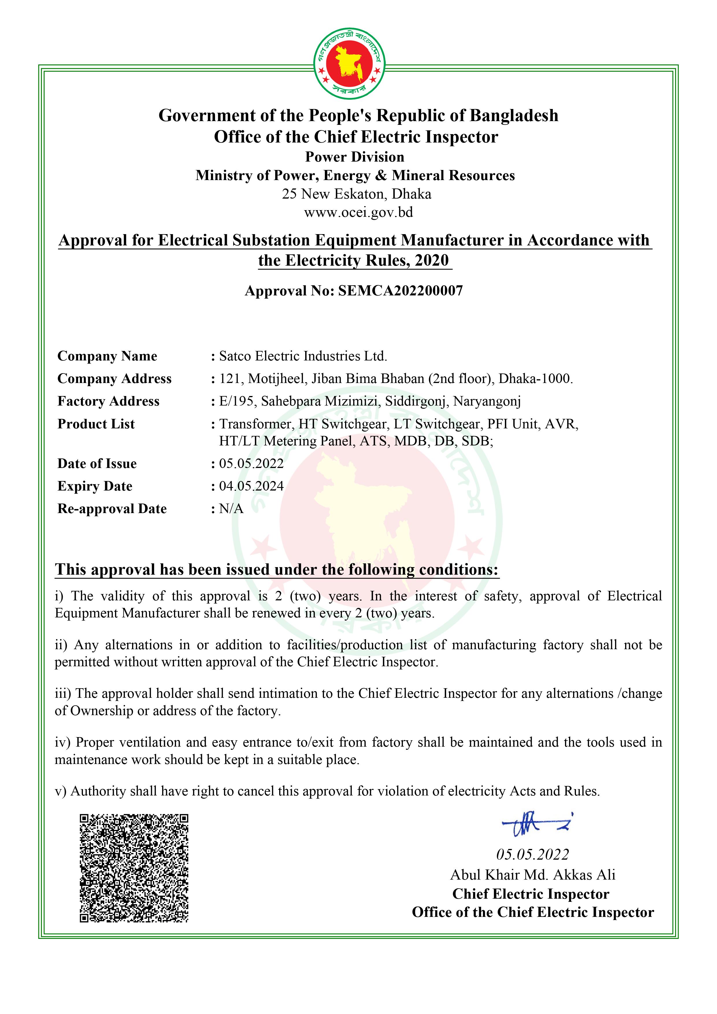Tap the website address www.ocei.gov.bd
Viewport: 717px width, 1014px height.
[358, 212]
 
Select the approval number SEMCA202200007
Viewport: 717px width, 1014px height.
[401, 290]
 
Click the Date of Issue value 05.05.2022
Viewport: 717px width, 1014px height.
[251, 463]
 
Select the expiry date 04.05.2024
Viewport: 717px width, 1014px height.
[251, 486]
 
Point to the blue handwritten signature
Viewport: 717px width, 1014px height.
[536, 823]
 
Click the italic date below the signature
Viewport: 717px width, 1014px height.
[532, 854]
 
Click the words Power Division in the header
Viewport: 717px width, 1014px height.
[355, 157]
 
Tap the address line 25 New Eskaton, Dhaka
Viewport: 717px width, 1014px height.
[357, 194]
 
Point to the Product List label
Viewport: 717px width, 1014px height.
[96, 424]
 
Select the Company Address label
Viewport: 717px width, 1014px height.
[114, 378]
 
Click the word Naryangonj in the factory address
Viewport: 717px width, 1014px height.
[487, 401]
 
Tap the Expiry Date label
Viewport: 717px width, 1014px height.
[95, 486]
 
